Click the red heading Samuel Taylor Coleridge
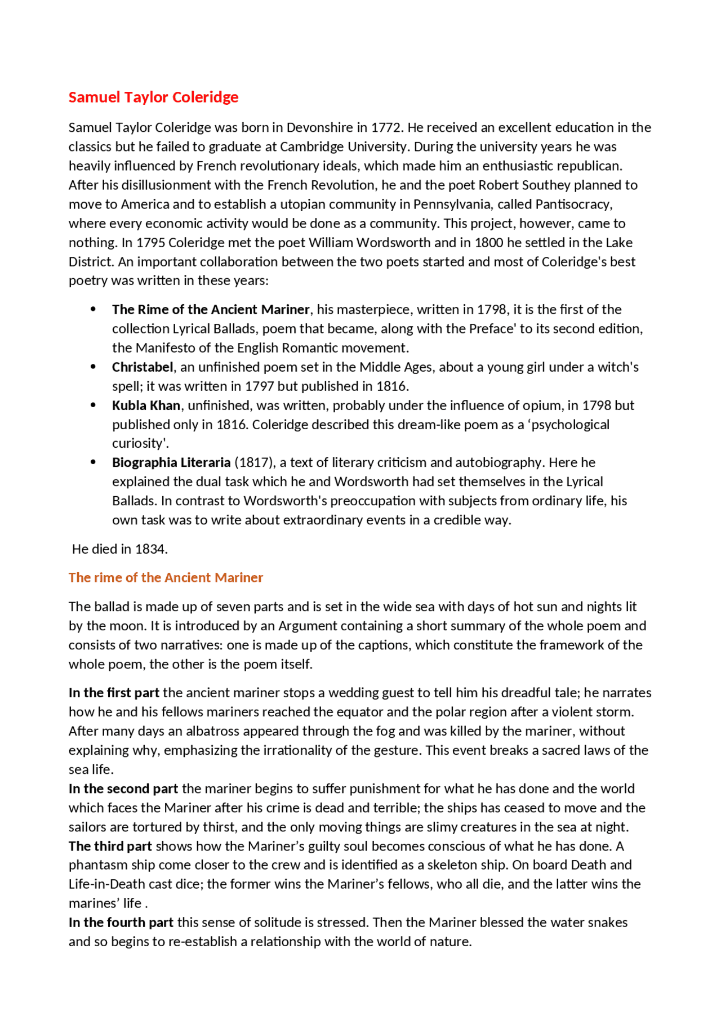coord(153,97)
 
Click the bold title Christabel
coord(143,367)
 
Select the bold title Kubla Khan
coord(146,406)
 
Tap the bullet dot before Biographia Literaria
coord(94,462)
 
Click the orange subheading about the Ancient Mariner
coord(166,578)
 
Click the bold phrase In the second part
coord(123,789)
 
